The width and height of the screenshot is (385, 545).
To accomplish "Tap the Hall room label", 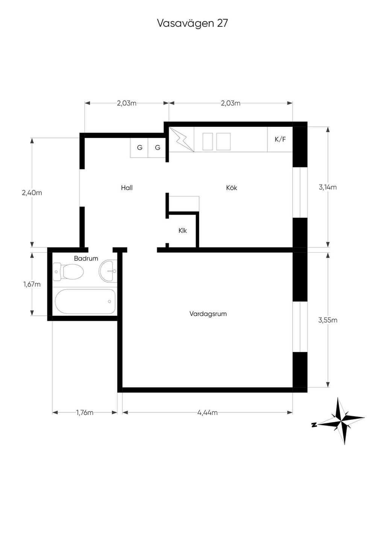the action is tap(127, 188).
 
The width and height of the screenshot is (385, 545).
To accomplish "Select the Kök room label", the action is tap(232, 188).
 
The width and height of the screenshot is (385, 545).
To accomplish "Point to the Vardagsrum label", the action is tap(208, 314).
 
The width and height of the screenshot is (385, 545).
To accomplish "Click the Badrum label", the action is tap(86, 258).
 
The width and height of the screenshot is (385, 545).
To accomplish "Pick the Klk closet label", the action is tap(182, 231).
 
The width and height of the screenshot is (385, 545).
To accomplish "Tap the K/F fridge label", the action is tap(280, 139).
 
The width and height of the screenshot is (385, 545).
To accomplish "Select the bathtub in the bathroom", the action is tap(85, 301).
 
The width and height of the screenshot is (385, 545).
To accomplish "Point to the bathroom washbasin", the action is tap(108, 271).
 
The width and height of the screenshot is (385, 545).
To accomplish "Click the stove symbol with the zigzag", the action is tap(182, 139).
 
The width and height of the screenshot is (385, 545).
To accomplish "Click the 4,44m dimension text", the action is tap(208, 413).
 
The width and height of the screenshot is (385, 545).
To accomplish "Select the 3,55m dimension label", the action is tap(327, 320).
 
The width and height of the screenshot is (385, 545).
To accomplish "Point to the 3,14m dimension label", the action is tap(327, 187).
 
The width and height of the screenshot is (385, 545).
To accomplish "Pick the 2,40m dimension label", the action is tap(32, 193).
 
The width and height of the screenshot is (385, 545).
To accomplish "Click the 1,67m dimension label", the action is tap(32, 284).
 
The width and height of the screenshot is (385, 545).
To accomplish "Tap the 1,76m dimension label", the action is tap(85, 413).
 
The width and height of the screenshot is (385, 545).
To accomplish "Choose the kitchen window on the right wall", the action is tap(300, 192).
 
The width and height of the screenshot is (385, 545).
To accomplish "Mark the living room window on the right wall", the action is tap(300, 327).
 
